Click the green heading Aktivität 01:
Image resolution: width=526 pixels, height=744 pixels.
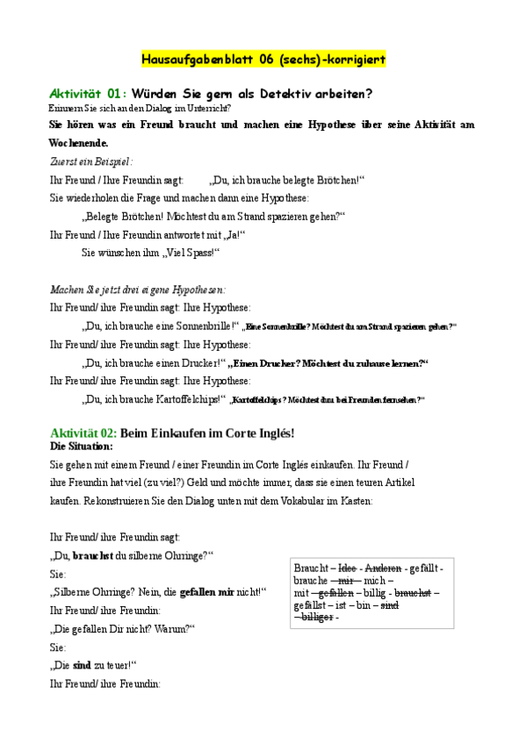click(x=88, y=94)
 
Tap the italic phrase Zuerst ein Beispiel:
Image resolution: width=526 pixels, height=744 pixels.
click(x=91, y=161)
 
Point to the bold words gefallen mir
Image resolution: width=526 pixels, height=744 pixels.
click(x=206, y=592)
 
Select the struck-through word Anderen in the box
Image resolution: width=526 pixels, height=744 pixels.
click(x=383, y=568)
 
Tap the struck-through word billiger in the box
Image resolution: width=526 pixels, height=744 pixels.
click(x=315, y=617)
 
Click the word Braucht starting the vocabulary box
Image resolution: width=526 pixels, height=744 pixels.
click(x=310, y=568)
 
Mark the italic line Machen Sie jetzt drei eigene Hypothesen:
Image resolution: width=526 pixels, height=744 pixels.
click(x=138, y=289)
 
